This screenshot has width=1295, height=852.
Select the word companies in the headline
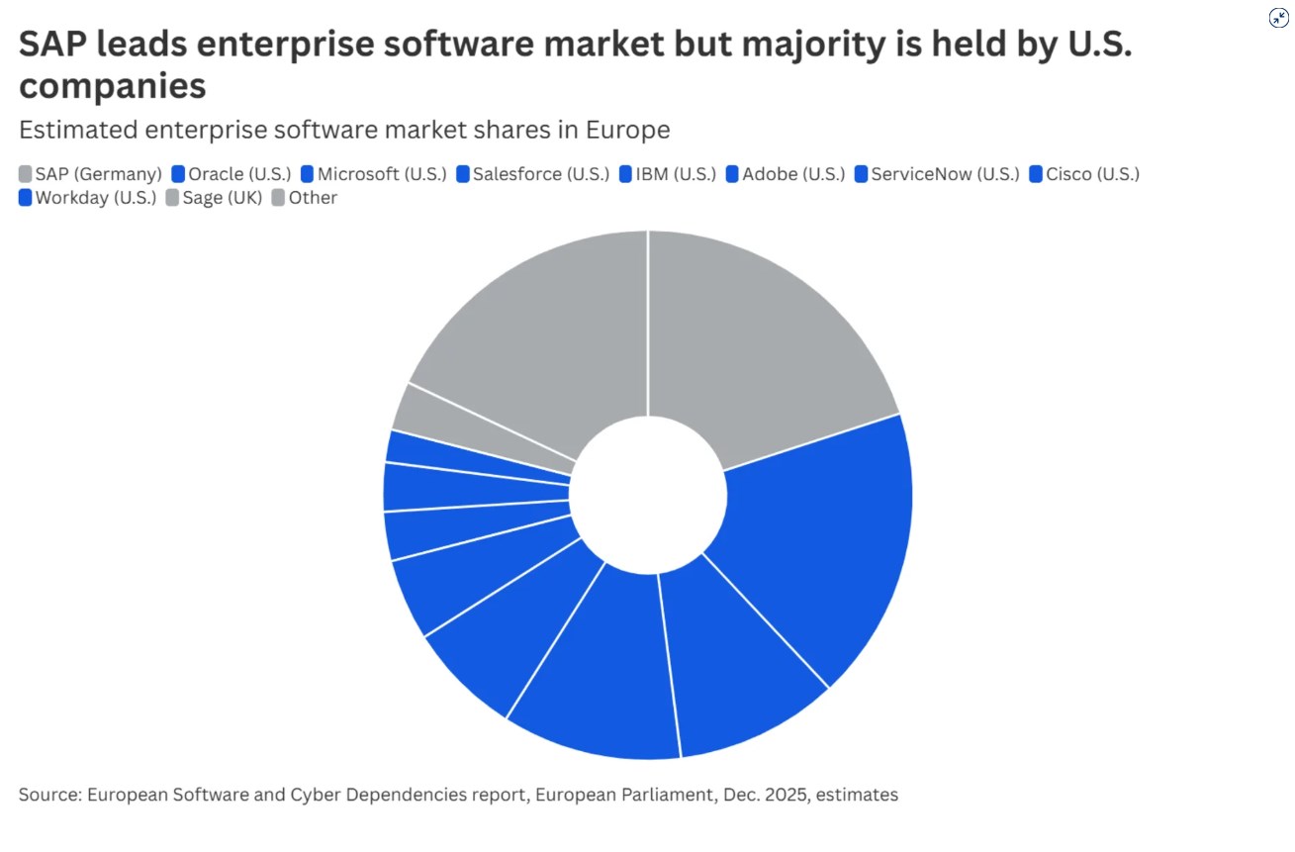coord(112,86)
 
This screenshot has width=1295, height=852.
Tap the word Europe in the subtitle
coord(628,130)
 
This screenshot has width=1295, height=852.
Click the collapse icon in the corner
coord(1278,18)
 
